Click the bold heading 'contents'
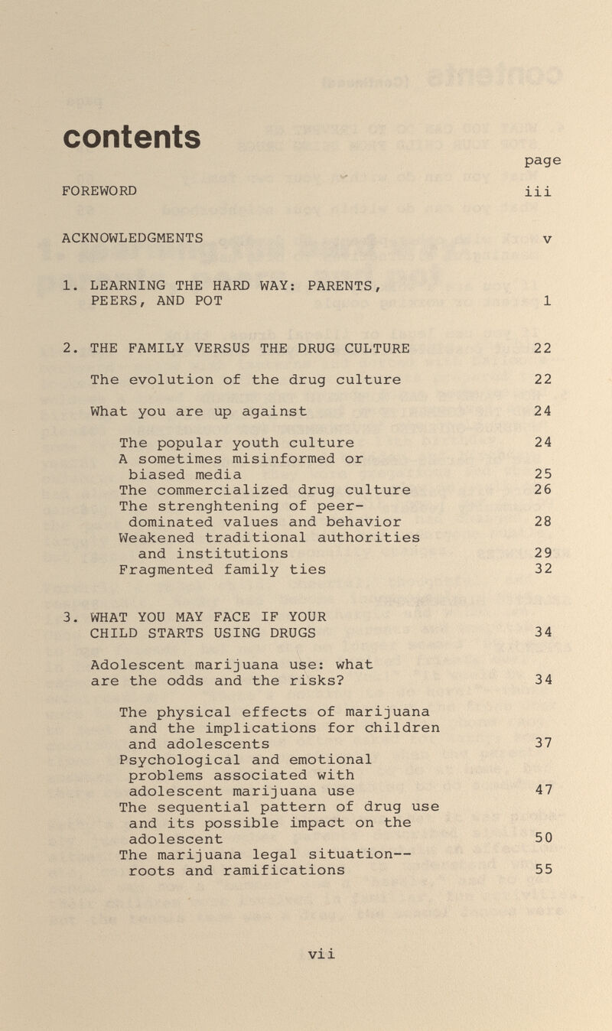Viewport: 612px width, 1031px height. coord(132,138)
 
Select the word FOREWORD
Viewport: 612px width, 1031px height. coord(99,190)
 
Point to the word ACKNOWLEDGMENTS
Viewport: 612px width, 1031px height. coord(132,238)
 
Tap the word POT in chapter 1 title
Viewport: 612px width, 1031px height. coord(209,301)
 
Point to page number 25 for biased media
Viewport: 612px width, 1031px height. coord(543,475)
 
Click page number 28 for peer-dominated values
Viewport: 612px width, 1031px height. coord(543,522)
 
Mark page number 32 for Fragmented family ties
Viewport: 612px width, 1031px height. coord(543,569)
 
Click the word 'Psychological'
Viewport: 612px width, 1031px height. coord(181,759)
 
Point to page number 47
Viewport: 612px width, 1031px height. coord(543,791)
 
